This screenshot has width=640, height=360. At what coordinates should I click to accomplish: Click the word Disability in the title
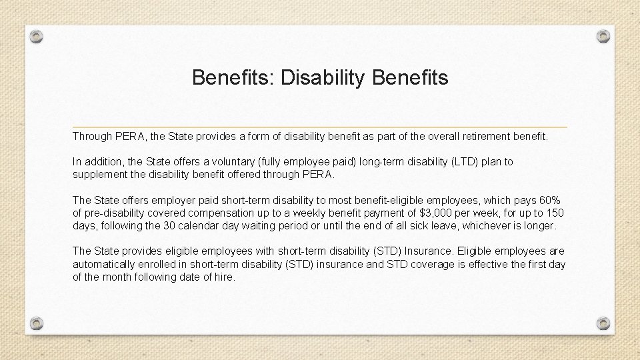point(323,78)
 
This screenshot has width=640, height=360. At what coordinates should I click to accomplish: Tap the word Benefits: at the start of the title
point(233,78)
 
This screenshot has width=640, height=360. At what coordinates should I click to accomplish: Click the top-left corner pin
point(37,36)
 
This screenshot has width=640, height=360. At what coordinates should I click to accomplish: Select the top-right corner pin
point(603,36)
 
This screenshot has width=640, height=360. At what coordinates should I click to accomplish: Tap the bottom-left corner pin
point(37,323)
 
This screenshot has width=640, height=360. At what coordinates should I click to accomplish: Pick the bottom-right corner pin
point(603,323)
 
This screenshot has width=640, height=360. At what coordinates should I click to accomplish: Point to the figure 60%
point(550,201)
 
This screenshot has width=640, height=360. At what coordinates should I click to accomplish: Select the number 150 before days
point(554,213)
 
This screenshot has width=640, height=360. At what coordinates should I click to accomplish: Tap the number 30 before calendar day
point(200,226)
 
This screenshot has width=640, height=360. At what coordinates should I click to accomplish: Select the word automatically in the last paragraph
point(107,264)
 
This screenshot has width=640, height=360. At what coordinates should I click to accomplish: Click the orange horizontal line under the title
point(320,127)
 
